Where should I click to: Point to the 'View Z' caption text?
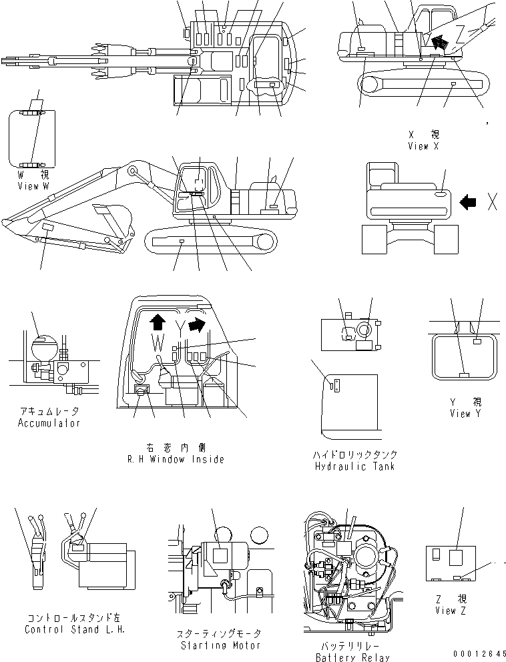[x=445, y=610]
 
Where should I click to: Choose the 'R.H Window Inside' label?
[x=176, y=459]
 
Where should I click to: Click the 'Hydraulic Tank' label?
[x=354, y=466]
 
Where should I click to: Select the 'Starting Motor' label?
[x=221, y=645]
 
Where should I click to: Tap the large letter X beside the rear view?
[x=492, y=202]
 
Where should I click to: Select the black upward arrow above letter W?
[x=158, y=323]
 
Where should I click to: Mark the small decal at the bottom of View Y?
[x=464, y=374]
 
